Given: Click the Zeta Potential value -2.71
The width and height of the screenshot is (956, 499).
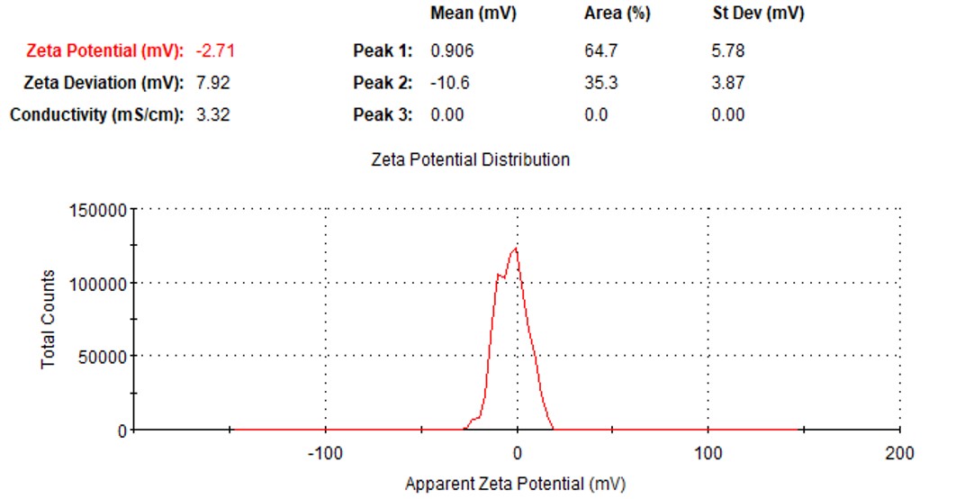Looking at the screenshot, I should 215,51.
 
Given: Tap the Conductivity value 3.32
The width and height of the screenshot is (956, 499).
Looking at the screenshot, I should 213,115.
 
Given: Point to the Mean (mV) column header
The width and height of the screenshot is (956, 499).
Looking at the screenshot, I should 473,14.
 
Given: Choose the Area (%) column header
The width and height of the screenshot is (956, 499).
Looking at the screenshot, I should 617,14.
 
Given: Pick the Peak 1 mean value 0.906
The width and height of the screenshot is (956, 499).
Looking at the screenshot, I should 452,51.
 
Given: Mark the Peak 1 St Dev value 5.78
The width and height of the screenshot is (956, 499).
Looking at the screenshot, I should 727,51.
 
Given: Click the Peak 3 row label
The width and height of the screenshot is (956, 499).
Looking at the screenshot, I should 383,115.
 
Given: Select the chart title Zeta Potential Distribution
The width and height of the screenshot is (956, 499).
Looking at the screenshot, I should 470,159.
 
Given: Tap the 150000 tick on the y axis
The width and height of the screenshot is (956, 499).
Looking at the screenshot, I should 97,211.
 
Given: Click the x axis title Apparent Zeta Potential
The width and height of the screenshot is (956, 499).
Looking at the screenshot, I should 514,485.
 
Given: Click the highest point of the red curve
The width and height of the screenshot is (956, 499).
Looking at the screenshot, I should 516,249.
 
